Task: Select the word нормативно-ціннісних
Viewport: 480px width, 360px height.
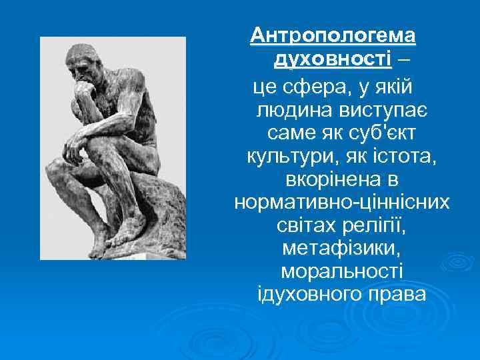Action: tap(342, 203)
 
